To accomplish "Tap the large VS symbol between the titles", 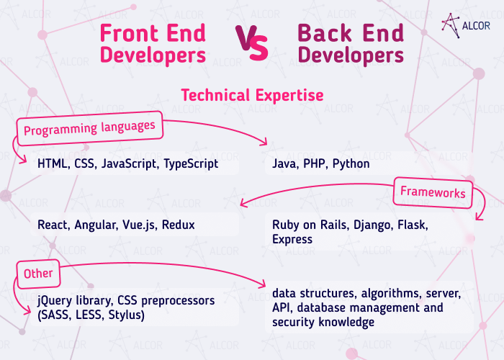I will (251, 44).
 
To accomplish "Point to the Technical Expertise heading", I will (252, 95).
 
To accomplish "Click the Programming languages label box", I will (89, 130).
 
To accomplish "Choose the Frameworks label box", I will (433, 192).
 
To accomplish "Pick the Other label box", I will (38, 274).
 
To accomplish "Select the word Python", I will (351, 164).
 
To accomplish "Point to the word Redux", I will (178, 225).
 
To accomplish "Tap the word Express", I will (292, 239).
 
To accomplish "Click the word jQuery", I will (55, 300).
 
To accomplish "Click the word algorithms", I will (384, 294).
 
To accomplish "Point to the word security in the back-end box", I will (292, 323).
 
